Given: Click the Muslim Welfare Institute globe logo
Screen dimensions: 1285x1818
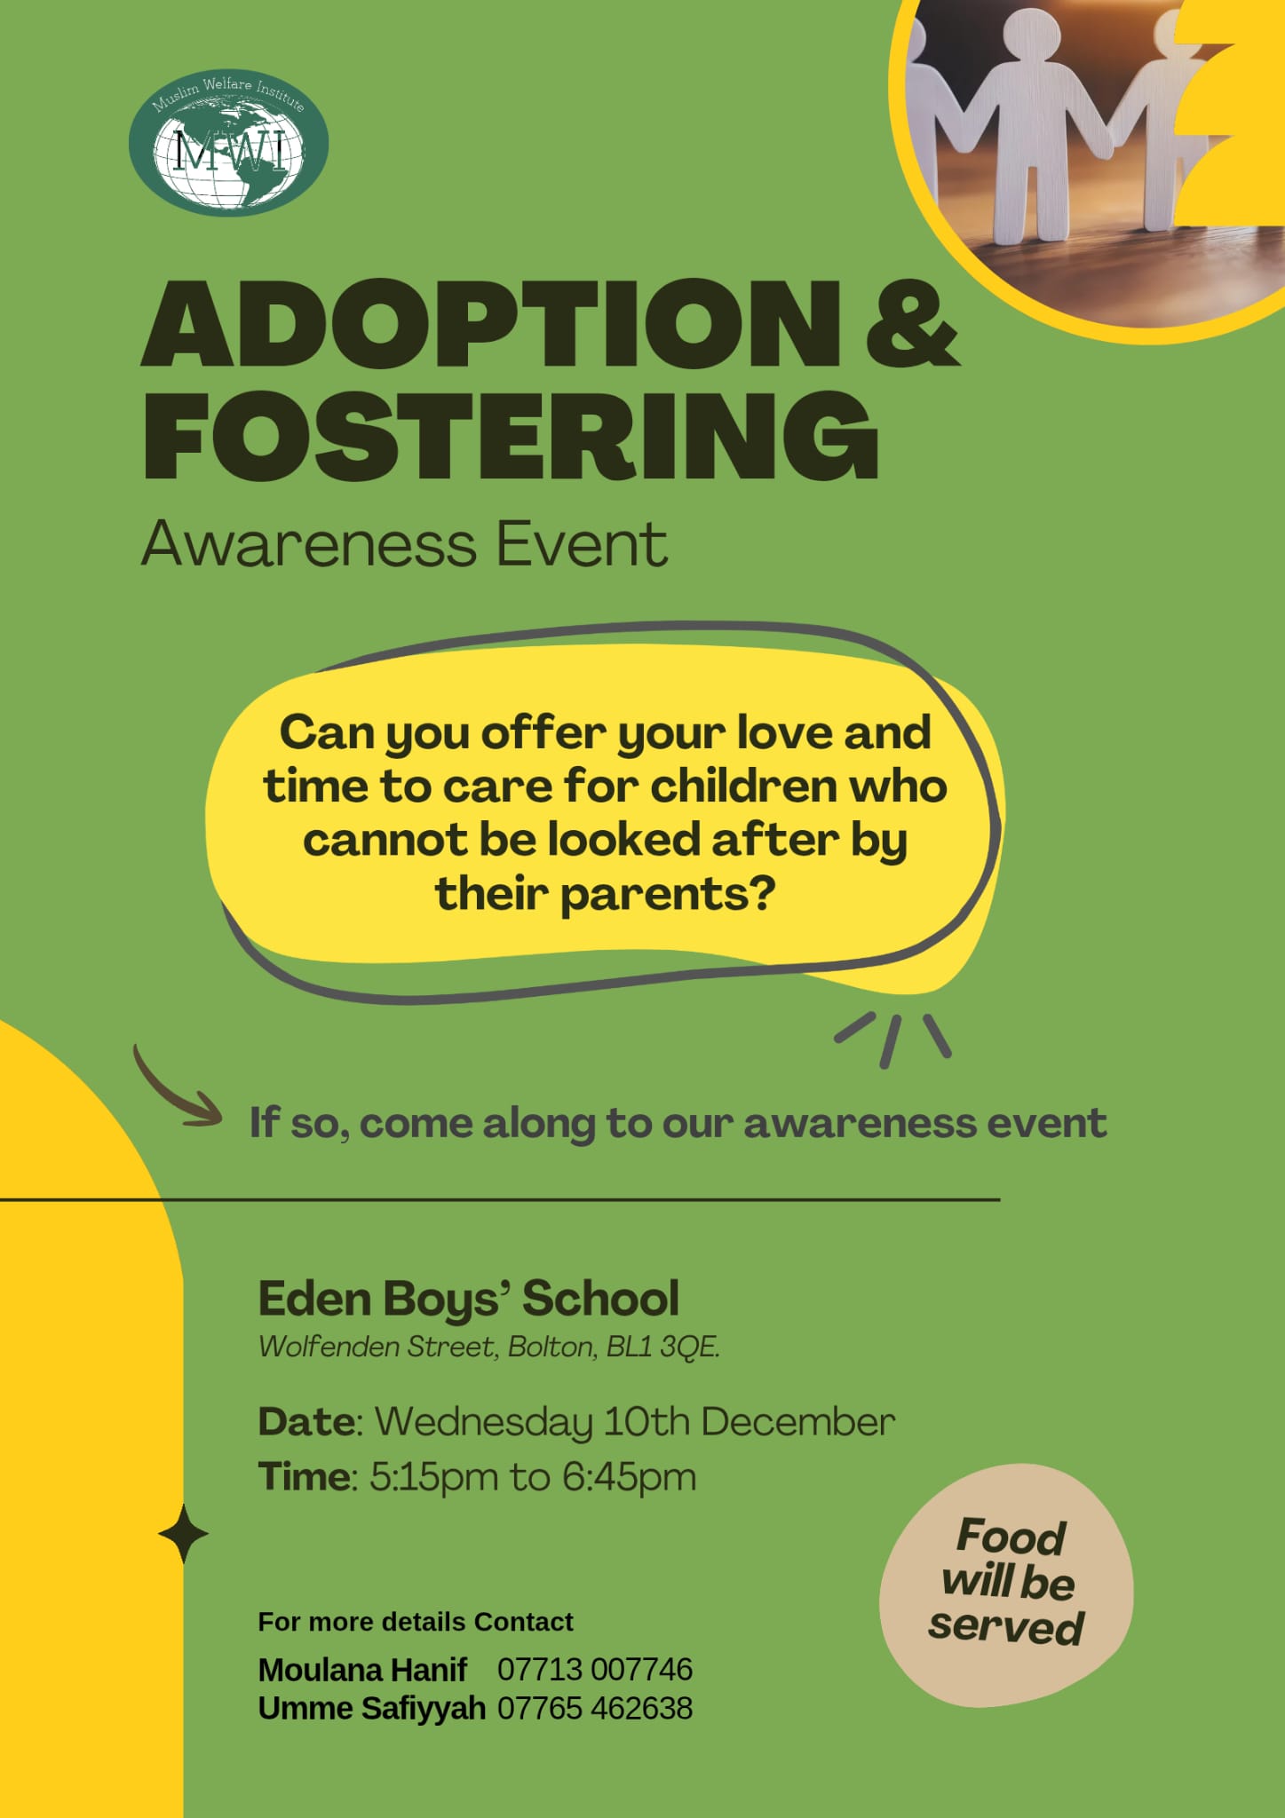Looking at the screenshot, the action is click(229, 143).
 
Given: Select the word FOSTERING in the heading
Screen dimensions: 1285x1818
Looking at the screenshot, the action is click(512, 436).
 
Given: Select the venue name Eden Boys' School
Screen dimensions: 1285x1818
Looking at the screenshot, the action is click(469, 1300).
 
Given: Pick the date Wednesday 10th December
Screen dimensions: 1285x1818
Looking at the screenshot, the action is click(635, 1423).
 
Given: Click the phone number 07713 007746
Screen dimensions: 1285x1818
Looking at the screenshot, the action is click(595, 1670).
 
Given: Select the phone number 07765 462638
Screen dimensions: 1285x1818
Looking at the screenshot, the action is click(595, 1709).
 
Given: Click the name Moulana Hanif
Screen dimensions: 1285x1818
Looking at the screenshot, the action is click(362, 1670).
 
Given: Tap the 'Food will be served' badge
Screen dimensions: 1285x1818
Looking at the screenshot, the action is click(1006, 1585).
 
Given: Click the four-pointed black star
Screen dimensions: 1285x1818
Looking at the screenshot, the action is click(183, 1534).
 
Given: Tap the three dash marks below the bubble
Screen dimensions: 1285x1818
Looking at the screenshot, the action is click(892, 1039).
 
